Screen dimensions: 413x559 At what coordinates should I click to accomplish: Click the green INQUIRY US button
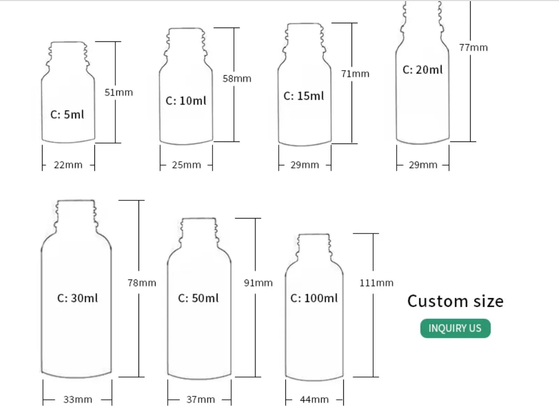click(455, 328)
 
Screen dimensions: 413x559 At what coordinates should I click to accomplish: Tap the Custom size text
click(455, 301)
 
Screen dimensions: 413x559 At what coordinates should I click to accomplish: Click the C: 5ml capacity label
click(67, 115)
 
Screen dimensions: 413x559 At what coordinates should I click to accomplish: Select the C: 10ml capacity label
click(186, 101)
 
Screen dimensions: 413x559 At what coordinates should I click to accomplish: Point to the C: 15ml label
click(304, 96)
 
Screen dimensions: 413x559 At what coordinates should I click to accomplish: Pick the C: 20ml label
click(422, 70)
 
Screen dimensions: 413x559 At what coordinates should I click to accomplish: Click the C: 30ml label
click(78, 298)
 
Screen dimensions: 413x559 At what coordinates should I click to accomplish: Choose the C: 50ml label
click(198, 298)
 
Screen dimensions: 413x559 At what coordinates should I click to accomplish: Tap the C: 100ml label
click(314, 298)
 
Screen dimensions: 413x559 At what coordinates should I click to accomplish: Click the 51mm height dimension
click(119, 92)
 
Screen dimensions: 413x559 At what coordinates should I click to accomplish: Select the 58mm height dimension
click(237, 78)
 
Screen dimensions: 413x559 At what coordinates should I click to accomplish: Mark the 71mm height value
click(355, 73)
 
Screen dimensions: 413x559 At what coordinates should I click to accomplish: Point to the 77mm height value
click(473, 47)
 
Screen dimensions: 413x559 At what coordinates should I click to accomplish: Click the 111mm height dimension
click(376, 283)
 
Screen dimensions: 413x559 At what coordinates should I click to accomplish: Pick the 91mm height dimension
click(258, 283)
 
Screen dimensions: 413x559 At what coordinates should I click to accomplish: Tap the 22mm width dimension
click(68, 165)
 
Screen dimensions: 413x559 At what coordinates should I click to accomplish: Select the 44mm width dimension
click(315, 399)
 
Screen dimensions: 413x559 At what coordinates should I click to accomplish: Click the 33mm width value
click(78, 399)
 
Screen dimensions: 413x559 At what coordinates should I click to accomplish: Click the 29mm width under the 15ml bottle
click(305, 165)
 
